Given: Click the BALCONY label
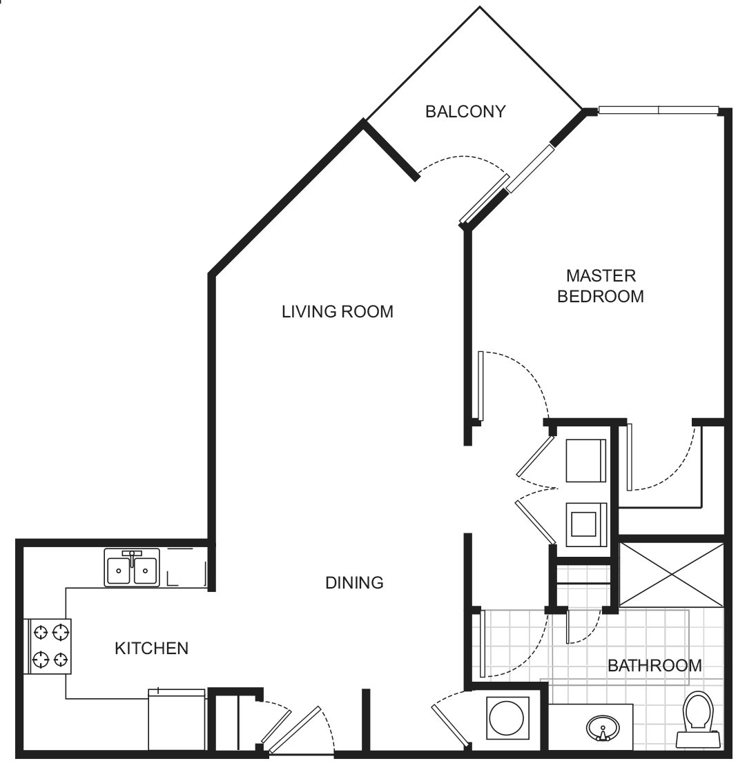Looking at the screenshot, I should click(x=466, y=111).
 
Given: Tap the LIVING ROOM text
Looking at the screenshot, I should click(x=337, y=312).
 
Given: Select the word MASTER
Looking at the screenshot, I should click(x=601, y=276).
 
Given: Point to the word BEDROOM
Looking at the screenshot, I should click(x=601, y=297).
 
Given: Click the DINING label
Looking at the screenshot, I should click(x=354, y=583).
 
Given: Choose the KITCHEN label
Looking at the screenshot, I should click(x=151, y=649).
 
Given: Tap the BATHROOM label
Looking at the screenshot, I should click(x=654, y=666).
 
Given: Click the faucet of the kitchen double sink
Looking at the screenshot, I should click(x=132, y=555).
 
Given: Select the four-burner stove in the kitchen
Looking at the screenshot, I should click(x=49, y=646).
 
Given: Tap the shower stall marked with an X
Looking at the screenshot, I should click(x=671, y=574).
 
